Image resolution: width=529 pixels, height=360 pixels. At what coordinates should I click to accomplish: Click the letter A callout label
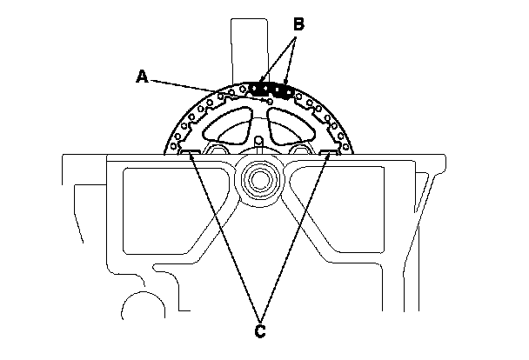point(142,77)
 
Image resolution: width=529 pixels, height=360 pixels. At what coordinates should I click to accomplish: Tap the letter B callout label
point(298,25)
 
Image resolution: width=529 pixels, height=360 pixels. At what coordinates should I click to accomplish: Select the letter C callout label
point(258,331)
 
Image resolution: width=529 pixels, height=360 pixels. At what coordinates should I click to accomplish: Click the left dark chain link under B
point(258,88)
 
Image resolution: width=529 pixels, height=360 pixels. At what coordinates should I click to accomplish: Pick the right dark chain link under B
point(280,90)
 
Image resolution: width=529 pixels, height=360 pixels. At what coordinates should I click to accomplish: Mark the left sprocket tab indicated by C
point(187,155)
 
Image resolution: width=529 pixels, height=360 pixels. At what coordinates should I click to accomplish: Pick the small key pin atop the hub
point(260,139)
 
